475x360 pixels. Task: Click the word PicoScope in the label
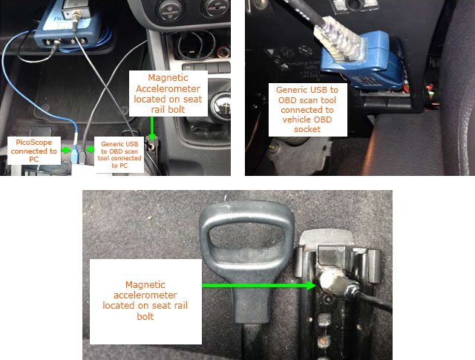[33, 143]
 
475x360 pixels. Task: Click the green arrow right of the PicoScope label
[65, 150]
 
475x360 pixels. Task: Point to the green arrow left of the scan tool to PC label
[90, 149]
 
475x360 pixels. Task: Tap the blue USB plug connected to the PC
[75, 154]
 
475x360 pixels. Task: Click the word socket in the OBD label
[307, 129]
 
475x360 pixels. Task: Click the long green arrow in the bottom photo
[259, 285]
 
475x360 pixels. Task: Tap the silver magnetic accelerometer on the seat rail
[330, 281]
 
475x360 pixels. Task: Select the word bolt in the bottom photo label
[145, 317]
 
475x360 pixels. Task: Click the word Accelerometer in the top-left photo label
[168, 89]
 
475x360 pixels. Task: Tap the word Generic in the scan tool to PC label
[111, 144]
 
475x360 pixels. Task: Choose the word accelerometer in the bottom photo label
[145, 295]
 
